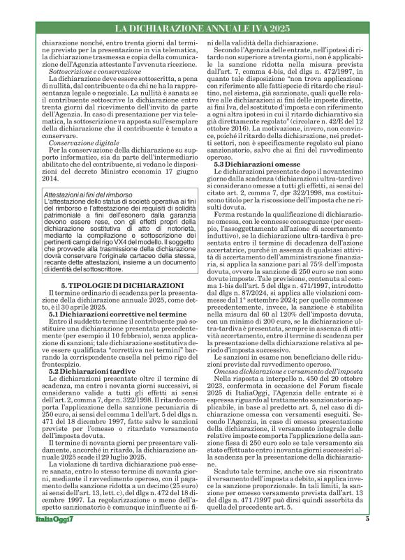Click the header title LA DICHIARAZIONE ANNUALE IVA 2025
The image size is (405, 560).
[202, 29]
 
